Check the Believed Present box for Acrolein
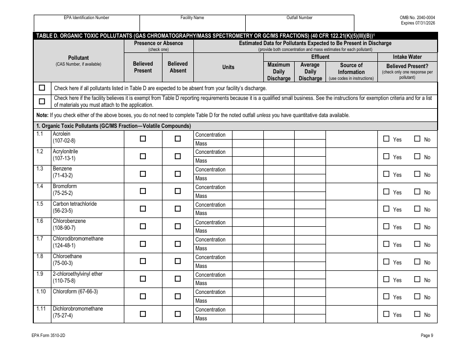tap(143, 139)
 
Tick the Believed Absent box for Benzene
tap(178, 174)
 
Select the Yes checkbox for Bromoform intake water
tap(386, 192)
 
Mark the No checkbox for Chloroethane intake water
tap(418, 262)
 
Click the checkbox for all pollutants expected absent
tap(42, 88)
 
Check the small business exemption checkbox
tap(42, 101)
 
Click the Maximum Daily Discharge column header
tap(279, 72)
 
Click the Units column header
tap(228, 67)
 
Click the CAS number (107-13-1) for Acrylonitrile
tap(64, 158)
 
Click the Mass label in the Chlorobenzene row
tap(201, 231)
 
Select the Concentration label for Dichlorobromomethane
tap(210, 310)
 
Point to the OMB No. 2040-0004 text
tap(417, 18)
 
